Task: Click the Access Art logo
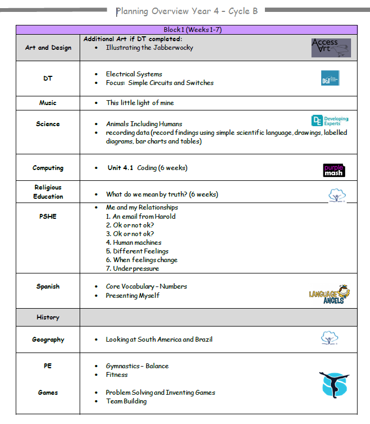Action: pos(331,48)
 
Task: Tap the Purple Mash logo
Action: pos(334,170)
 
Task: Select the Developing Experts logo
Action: pos(330,121)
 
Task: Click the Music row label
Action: pos(48,103)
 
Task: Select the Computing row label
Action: pos(48,168)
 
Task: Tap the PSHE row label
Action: pos(48,216)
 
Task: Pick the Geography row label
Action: pos(48,340)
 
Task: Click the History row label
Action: pos(48,317)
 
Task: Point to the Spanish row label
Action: pos(48,286)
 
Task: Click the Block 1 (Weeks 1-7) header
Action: pos(186,30)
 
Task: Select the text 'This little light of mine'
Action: pos(140,103)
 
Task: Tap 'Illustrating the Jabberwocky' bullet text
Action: pos(150,48)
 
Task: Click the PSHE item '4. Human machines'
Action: pos(134,243)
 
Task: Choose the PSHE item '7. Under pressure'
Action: pos(133,269)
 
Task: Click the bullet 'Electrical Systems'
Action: pos(134,74)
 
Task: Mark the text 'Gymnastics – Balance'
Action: pos(137,366)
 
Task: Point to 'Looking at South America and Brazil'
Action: pos(159,340)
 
